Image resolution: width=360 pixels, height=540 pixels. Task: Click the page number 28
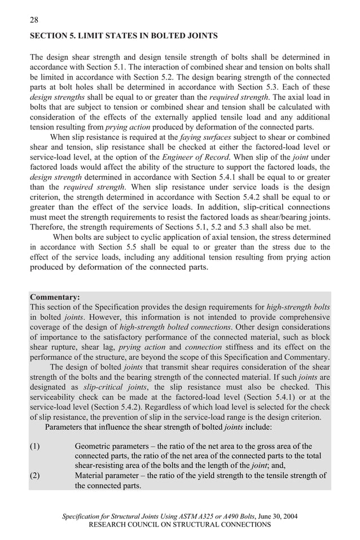[33, 20]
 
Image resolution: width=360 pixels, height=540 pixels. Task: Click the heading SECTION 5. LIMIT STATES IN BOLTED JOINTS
[123, 36]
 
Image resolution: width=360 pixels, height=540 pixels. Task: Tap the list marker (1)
[34, 446]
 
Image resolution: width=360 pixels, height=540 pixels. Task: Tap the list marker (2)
[34, 475]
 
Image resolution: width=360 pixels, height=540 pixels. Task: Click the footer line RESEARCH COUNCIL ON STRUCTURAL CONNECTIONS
[180, 524]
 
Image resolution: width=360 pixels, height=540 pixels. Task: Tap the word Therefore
[50, 227]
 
